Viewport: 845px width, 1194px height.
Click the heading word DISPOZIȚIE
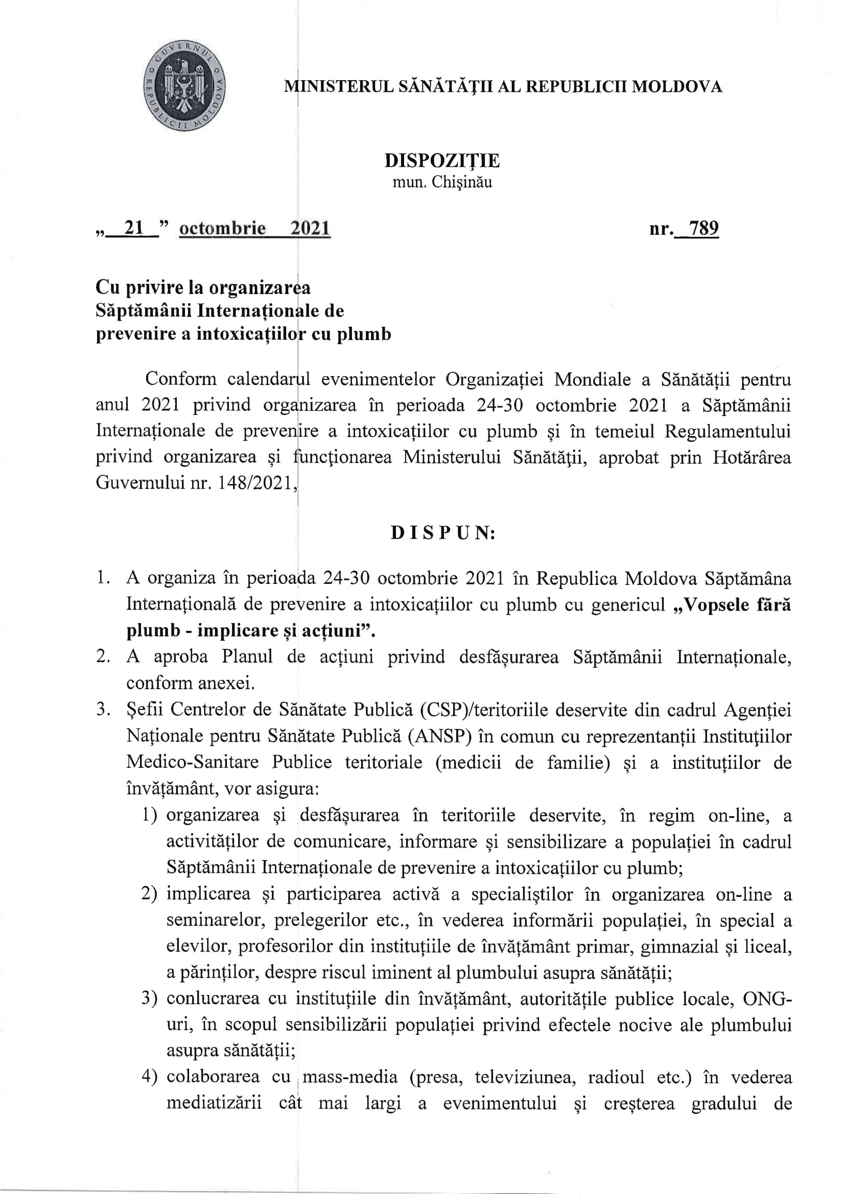[x=442, y=161]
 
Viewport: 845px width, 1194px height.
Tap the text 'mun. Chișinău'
[x=442, y=183]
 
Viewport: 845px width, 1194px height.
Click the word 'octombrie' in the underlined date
[x=222, y=228]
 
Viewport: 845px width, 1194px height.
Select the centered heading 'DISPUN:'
[x=443, y=533]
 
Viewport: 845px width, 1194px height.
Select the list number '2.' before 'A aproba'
[x=103, y=657]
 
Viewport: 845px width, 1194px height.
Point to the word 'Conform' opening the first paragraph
[x=180, y=379]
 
